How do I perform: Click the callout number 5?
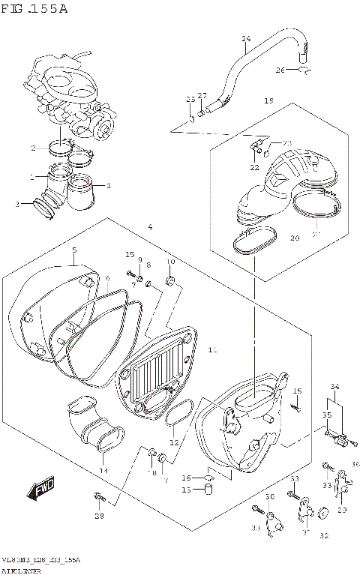coord(74,250)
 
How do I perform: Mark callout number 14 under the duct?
coord(103,471)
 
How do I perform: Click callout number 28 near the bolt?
coord(99,516)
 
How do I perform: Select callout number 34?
coord(334,387)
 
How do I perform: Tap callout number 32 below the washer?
coord(325,535)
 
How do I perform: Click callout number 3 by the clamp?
coord(17,204)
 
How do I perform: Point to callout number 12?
coord(174,442)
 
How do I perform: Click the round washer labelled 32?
coord(325,514)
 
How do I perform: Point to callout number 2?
coord(33,148)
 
